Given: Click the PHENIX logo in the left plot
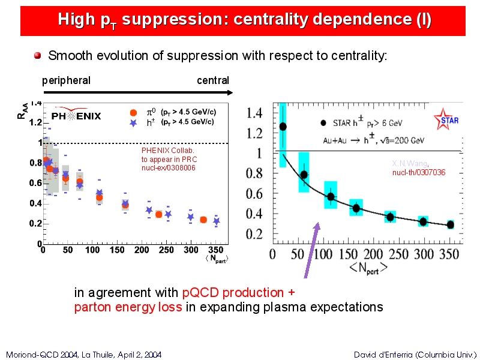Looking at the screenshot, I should (x=76, y=115).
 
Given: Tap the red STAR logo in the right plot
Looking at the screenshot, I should (x=450, y=119).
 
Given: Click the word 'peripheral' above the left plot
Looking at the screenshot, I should (x=66, y=80).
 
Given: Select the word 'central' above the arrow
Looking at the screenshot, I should (x=213, y=80).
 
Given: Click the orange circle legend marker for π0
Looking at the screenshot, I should (x=134, y=112).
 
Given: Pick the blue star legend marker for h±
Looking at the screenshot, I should (x=134, y=122).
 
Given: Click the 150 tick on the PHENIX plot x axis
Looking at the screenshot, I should (x=92, y=250).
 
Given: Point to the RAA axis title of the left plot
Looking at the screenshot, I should (x=22, y=112).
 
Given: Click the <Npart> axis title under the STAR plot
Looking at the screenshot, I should (x=368, y=268).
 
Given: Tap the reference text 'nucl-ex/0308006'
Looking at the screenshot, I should (x=169, y=167).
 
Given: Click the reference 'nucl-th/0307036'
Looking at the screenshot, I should (x=419, y=173).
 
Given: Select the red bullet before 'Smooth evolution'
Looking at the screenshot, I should (x=37, y=56).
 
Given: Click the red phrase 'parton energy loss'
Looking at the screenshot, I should (x=128, y=308).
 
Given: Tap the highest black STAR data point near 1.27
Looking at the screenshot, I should (x=283, y=127).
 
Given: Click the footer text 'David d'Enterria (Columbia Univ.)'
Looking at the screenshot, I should (x=415, y=355).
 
